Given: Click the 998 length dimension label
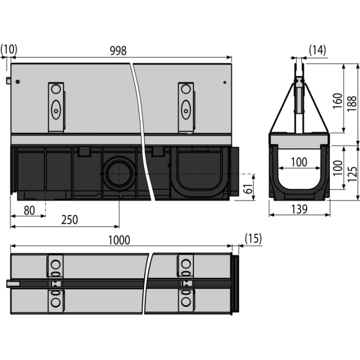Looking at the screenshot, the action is click(118, 50).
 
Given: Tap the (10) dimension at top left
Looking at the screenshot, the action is click(8, 49).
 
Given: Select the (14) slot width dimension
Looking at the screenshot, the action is click(317, 50).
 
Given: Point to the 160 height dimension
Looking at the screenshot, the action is click(337, 101).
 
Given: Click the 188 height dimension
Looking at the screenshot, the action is click(351, 104).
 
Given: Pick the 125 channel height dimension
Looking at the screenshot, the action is click(352, 174).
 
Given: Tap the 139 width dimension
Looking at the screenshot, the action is click(299, 209).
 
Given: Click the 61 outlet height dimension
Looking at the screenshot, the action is click(248, 188).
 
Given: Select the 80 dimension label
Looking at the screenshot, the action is click(29, 210).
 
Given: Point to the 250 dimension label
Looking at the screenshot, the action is click(69, 219).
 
